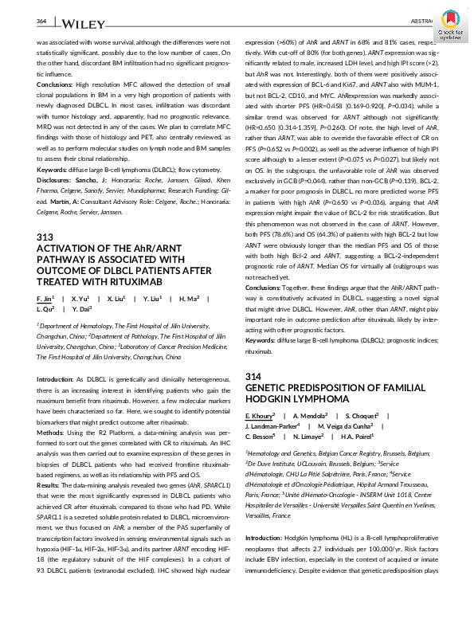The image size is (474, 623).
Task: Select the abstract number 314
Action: point(254,375)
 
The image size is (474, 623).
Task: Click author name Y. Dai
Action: point(82,308)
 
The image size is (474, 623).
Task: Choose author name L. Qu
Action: point(48,308)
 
